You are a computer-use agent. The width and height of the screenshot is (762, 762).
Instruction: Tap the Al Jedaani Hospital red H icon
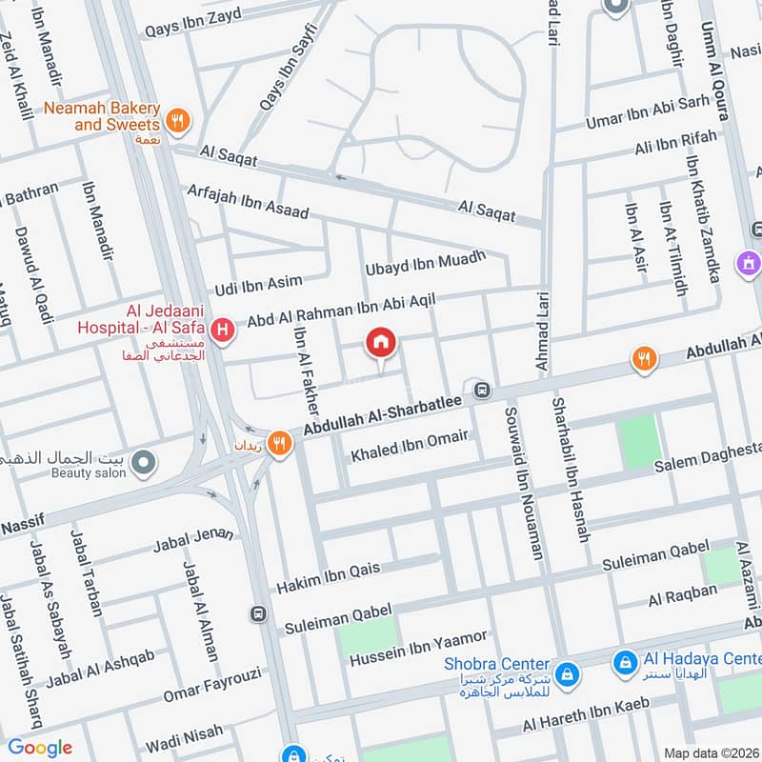coord(223,331)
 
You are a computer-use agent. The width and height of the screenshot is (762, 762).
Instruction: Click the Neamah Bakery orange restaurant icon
coord(176,121)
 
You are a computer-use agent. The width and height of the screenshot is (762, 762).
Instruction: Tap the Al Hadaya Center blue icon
coord(625,659)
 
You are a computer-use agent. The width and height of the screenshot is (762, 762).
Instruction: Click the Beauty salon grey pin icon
coord(144,464)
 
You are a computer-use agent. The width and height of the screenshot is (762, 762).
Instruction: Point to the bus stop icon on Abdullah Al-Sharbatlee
coord(482,390)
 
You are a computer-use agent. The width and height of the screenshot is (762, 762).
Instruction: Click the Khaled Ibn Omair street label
coord(410,445)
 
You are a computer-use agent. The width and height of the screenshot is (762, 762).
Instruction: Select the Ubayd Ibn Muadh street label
coord(425,264)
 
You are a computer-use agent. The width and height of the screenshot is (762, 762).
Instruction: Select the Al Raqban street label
coord(682,595)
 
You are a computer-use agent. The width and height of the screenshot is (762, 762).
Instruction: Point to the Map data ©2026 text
coord(711,752)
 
